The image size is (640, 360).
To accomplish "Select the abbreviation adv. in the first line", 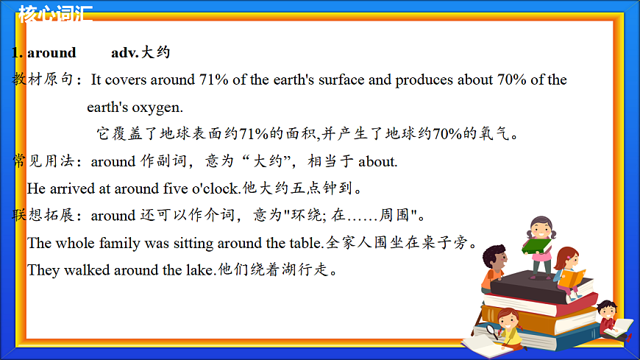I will (124, 53).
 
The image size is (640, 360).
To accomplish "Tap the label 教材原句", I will (43, 80).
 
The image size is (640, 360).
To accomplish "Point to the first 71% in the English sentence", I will (213, 80).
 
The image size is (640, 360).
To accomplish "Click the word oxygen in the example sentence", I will (157, 107).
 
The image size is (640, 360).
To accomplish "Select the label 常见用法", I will (43, 161).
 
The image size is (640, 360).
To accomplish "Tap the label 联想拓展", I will (43, 216).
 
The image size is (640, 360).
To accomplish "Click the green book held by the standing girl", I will (537, 246).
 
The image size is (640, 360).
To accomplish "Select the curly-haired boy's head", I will (495, 258).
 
